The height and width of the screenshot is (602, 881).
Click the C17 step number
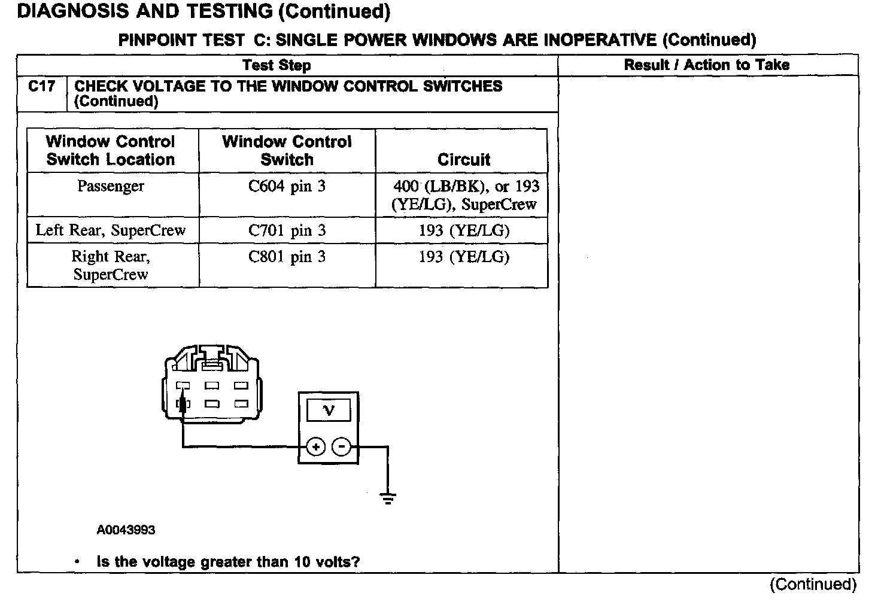pos(42,87)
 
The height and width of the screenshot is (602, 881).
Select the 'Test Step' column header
pos(277,65)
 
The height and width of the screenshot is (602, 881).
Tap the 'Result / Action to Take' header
pos(706,65)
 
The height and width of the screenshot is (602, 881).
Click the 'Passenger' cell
pos(111,186)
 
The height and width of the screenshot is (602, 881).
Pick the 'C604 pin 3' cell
pos(287,186)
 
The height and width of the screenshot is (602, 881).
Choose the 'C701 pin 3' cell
pos(287,230)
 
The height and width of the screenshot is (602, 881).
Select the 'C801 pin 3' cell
pos(287,257)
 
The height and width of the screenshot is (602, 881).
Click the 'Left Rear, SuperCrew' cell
pos(111,230)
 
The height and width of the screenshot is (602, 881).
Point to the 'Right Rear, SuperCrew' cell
pos(111,265)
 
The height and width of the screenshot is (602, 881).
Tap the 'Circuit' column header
pos(463,160)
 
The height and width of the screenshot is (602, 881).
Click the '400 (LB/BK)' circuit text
pos(439,186)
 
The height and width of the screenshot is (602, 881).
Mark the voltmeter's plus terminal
pos(316,447)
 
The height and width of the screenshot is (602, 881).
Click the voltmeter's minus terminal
pos(341,447)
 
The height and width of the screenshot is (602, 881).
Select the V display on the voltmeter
pos(329,410)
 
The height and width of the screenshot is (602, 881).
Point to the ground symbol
pos(388,498)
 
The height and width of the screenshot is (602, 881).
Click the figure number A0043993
pos(126,530)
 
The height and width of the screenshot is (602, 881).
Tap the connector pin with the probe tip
pos(183,403)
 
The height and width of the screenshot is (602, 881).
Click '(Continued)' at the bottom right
pos(813,584)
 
